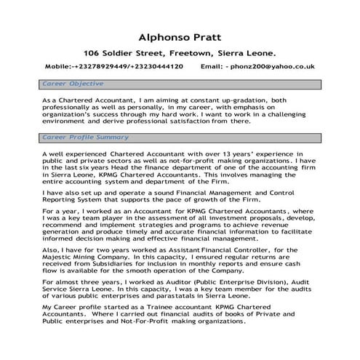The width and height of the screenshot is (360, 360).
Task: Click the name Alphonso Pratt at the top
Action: point(180,36)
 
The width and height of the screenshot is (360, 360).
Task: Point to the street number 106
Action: point(92,53)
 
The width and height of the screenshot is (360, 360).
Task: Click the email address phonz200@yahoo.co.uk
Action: point(272,67)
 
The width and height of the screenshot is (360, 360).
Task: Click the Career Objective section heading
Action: point(73,84)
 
